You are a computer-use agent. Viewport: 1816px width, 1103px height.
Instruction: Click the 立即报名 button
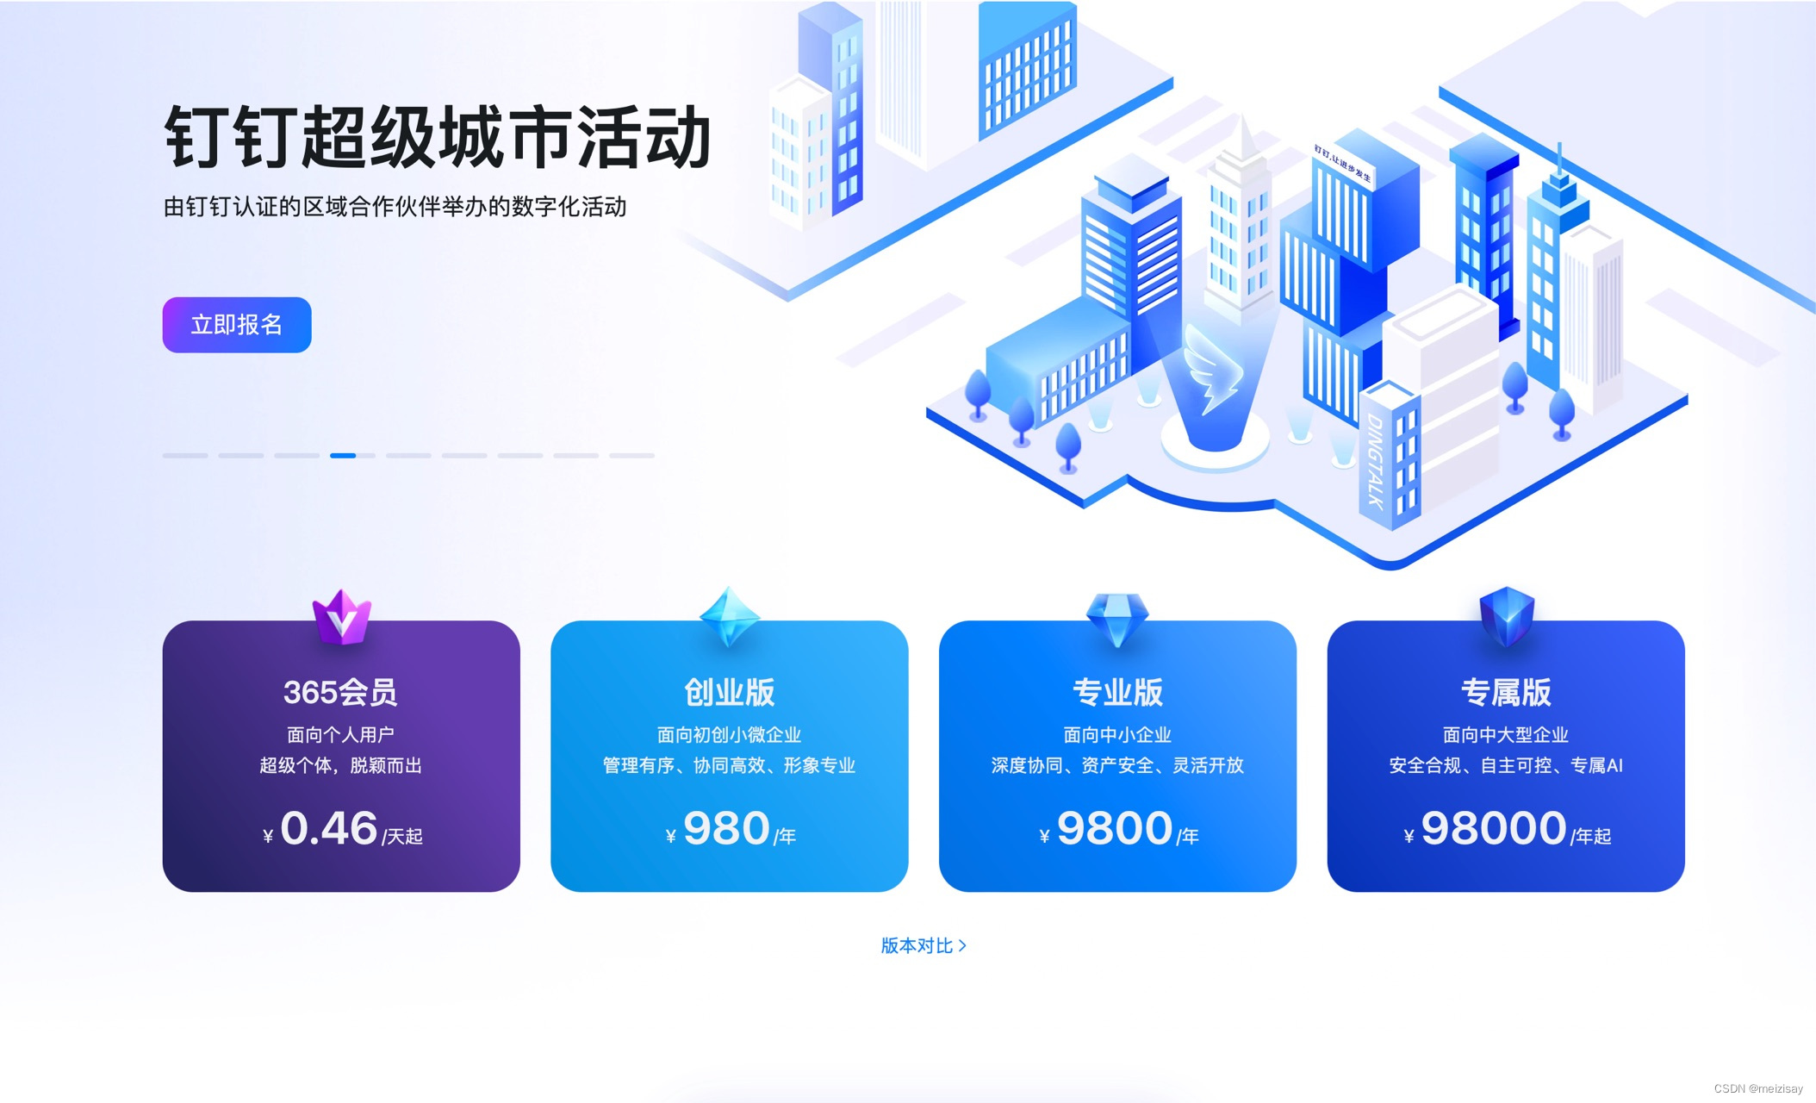tap(237, 325)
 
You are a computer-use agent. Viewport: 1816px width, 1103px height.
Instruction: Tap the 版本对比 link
tap(923, 945)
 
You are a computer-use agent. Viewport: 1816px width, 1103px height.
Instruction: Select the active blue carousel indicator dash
tap(343, 455)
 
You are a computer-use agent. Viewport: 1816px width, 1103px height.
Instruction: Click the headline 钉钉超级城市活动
tap(438, 138)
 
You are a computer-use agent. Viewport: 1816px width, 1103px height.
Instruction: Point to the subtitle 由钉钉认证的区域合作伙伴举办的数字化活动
tap(395, 207)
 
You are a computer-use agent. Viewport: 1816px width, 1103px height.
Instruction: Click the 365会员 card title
tap(340, 692)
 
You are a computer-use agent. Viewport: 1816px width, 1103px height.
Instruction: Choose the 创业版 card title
tap(729, 692)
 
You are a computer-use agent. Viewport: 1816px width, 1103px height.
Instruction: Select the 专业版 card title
tap(1117, 692)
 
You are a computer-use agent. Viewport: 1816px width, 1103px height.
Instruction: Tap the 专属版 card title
tap(1506, 692)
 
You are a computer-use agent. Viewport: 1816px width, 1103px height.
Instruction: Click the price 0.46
tap(329, 828)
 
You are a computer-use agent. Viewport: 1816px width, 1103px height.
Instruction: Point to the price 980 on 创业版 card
tap(726, 828)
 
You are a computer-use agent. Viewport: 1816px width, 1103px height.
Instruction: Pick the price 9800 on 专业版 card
tap(1115, 828)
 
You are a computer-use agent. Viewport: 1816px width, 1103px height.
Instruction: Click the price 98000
tap(1494, 828)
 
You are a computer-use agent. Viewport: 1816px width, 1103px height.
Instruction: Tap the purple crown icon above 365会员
tap(341, 617)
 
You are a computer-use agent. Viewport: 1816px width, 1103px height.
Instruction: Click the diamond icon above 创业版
tap(730, 616)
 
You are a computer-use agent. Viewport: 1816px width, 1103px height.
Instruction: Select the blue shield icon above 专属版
tap(1507, 615)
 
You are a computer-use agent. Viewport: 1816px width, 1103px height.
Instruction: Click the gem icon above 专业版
tap(1117, 617)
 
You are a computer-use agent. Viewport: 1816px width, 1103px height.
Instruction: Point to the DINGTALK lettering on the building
tap(1375, 461)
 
